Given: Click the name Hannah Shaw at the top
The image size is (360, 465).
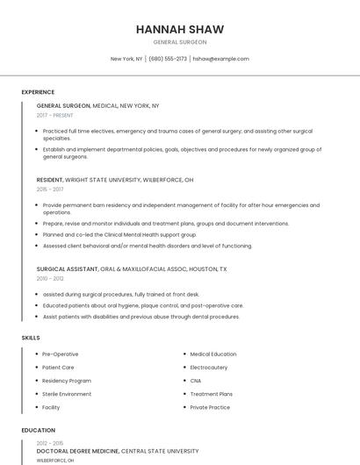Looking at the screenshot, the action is tap(180, 29).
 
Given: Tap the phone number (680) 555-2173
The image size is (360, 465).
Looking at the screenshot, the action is tap(168, 59).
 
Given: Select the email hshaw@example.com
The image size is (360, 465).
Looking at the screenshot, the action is tap(220, 59).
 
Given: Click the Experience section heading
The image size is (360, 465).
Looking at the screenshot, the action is tap(38, 92).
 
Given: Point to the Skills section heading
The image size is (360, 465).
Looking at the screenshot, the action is tap(31, 337).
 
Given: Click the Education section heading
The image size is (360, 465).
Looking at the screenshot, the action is tap(38, 431).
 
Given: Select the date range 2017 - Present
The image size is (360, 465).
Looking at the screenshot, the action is tap(55, 115).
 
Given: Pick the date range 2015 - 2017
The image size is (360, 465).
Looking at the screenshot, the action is tap(50, 189).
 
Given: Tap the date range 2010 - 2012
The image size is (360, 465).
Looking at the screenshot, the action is tap(50, 278).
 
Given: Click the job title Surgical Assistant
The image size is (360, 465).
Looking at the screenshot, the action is tap(67, 268).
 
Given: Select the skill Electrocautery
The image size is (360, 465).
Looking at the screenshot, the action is tap(209, 368).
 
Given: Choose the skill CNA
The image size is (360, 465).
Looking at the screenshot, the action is tap(197, 381).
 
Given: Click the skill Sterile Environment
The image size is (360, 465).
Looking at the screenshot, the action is tap(67, 394).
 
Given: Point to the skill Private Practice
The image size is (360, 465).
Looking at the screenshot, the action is tap(210, 407).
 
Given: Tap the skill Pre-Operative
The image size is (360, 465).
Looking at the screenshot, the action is tap(61, 354).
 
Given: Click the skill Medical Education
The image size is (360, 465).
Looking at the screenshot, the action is tap(213, 354).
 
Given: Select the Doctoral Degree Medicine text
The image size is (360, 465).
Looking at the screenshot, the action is tap(77, 450).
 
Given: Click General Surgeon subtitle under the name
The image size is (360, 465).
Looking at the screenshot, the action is tap(180, 42).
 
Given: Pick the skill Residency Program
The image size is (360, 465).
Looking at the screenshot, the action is tap(67, 381).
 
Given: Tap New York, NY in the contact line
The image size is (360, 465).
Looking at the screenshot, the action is tap(126, 59).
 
